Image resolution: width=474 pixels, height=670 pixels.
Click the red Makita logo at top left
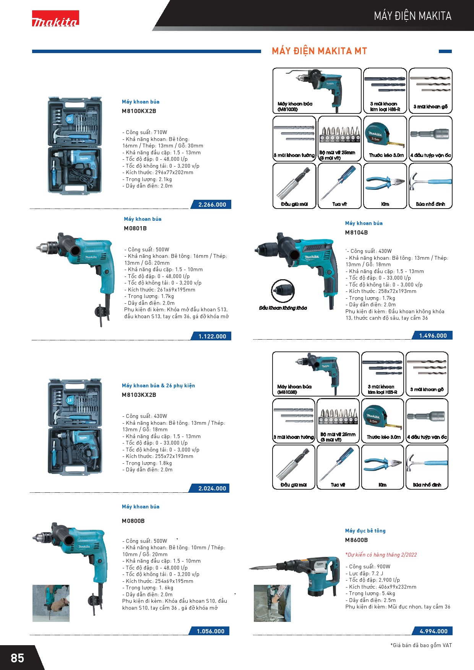[55, 18]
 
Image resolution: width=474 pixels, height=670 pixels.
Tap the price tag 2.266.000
[212, 205]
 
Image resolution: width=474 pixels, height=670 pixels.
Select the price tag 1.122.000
[212, 337]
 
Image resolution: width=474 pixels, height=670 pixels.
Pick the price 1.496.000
[433, 336]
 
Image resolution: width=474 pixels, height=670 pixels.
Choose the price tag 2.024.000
[212, 489]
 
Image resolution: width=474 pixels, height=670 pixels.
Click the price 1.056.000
[211, 631]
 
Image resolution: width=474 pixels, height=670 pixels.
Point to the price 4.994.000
[433, 631]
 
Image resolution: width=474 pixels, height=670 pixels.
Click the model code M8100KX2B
[139, 111]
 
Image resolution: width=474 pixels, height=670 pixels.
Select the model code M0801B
[135, 228]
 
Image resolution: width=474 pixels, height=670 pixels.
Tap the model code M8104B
[356, 233]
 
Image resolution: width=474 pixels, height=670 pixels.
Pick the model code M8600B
[356, 540]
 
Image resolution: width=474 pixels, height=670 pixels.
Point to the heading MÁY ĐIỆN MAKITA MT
[319, 51]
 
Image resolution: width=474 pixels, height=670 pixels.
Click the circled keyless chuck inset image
[283, 291]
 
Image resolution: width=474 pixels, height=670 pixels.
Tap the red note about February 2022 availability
[381, 555]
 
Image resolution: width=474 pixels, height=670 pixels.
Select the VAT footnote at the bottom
[421, 645]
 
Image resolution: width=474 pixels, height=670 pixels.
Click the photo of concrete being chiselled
[272, 603]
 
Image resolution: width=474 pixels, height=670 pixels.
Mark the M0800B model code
[133, 521]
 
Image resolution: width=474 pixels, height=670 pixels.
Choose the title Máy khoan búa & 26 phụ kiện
[158, 386]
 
